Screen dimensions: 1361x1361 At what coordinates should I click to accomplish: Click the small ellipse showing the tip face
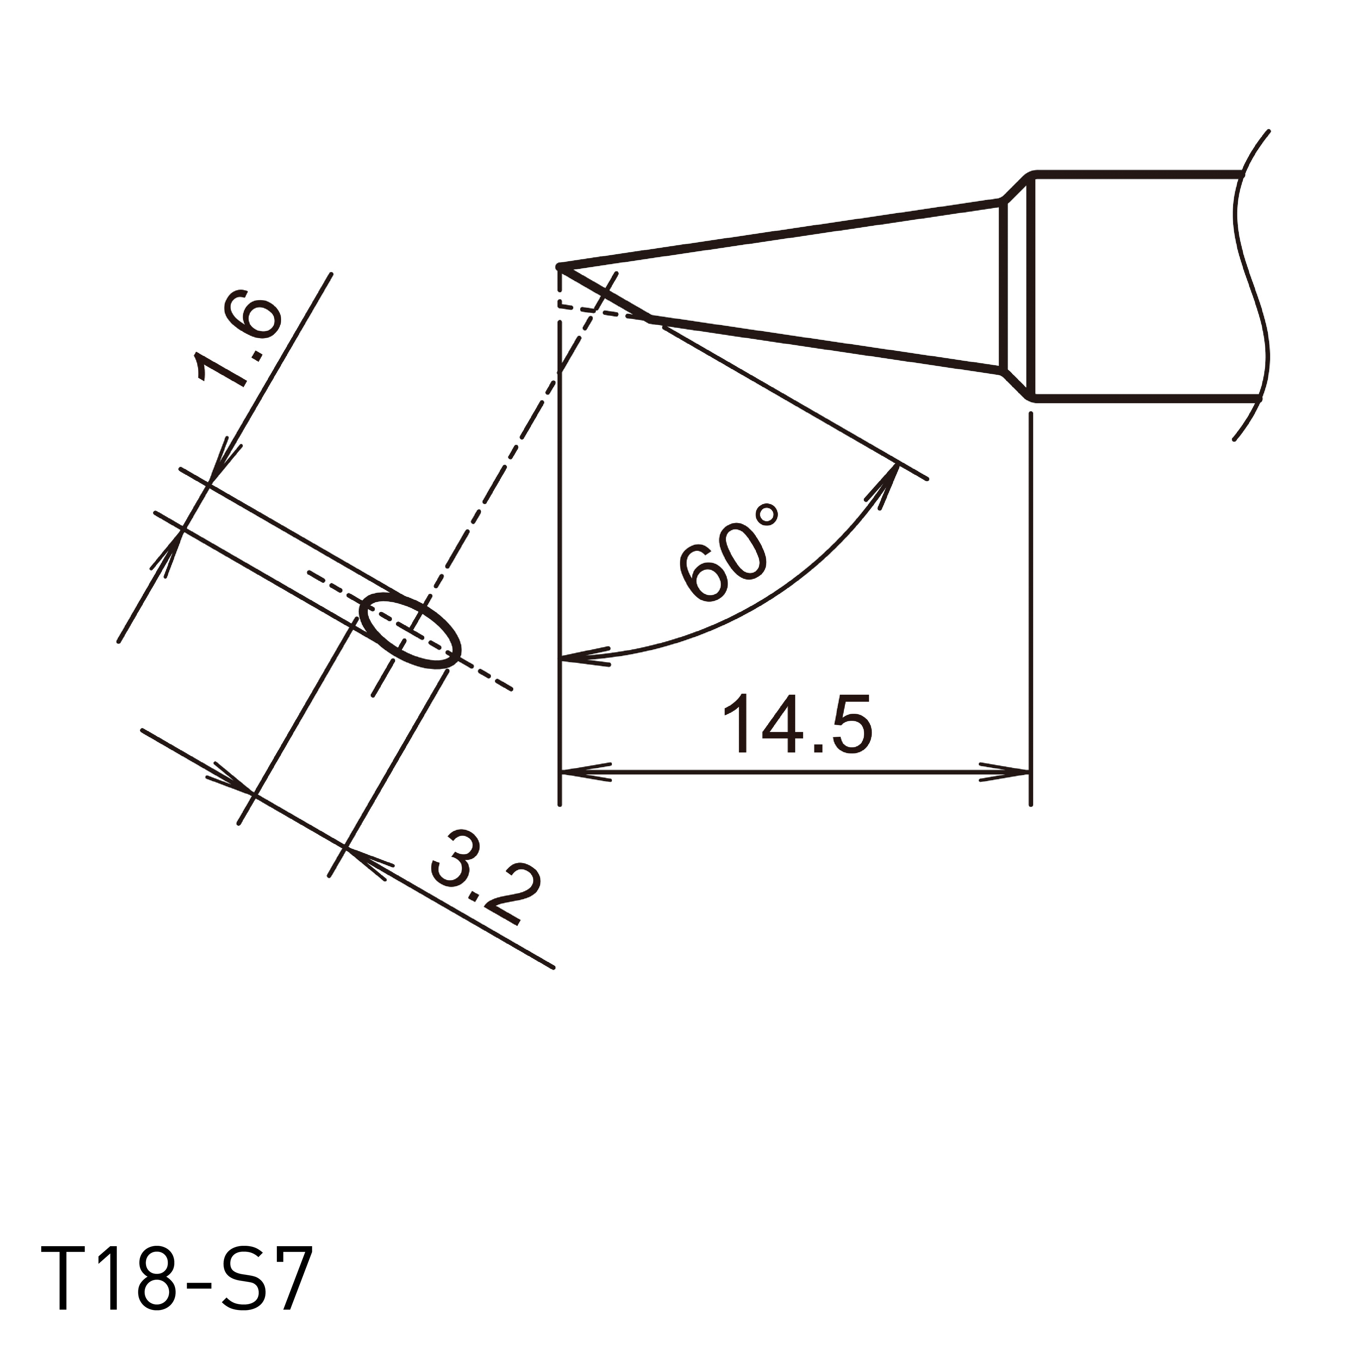(x=409, y=631)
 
